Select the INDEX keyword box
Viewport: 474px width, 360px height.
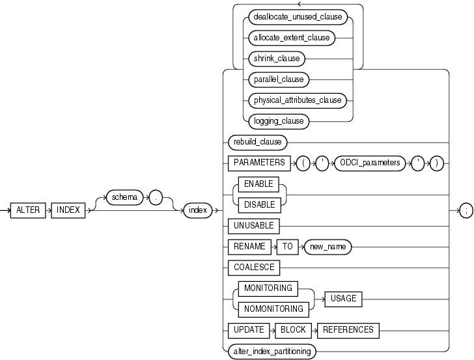(68, 210)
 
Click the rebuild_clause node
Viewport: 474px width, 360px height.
(257, 141)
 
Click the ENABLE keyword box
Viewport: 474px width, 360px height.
(258, 184)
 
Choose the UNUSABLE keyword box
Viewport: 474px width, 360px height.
(253, 226)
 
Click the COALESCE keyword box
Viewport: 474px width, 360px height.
(253, 268)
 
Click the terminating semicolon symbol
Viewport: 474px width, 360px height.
(466, 210)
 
